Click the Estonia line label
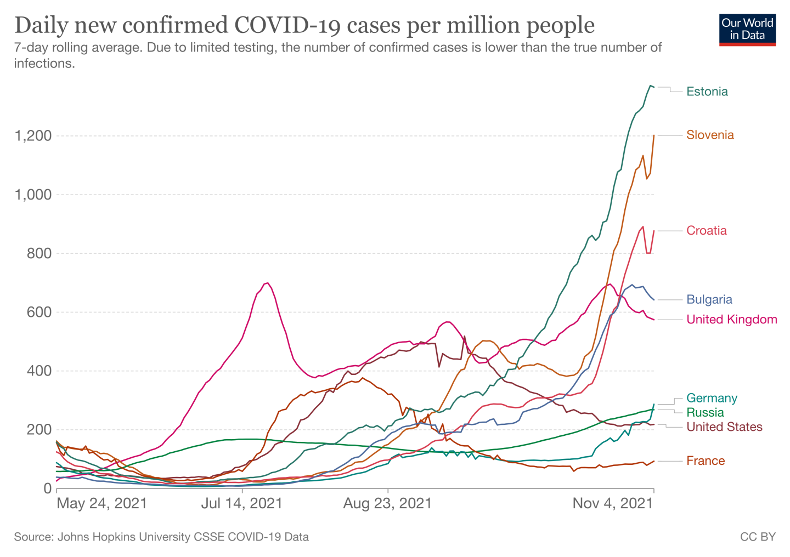[707, 92]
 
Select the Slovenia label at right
[710, 135]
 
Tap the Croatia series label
[707, 230]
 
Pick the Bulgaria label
[709, 299]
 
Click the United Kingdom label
[732, 319]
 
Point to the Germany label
[712, 398]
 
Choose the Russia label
[705, 412]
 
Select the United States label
[724, 427]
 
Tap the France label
[706, 461]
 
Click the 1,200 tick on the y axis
[32, 136]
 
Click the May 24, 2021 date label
[102, 503]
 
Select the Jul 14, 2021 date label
[241, 503]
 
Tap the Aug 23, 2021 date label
[387, 503]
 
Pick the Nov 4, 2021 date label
[613, 503]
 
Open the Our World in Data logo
[747, 30]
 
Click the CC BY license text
[758, 537]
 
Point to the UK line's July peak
[267, 283]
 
